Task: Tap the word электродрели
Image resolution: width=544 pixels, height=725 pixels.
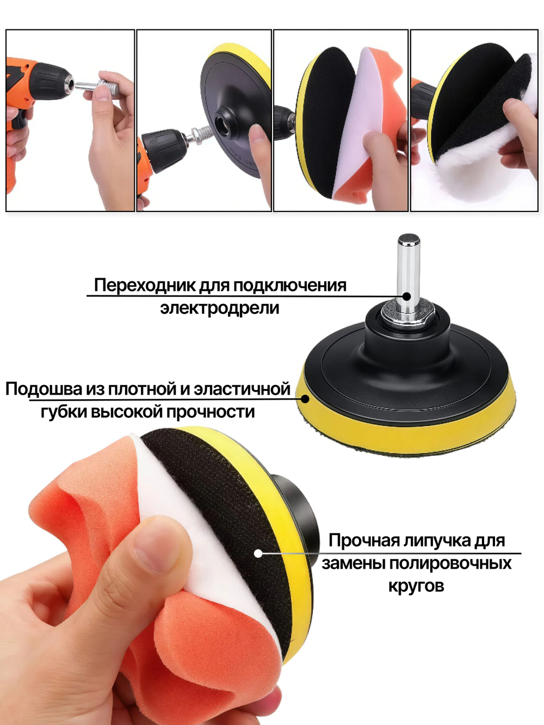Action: coord(219,308)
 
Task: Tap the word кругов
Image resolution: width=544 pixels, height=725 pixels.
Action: coord(416,586)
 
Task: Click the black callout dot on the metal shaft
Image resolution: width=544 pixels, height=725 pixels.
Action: coord(407,296)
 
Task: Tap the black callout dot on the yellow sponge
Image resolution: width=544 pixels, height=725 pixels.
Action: coord(305,399)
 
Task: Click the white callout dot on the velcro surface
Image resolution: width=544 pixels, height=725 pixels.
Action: coord(258,553)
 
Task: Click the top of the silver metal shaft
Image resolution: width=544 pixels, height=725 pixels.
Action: coord(409,239)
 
